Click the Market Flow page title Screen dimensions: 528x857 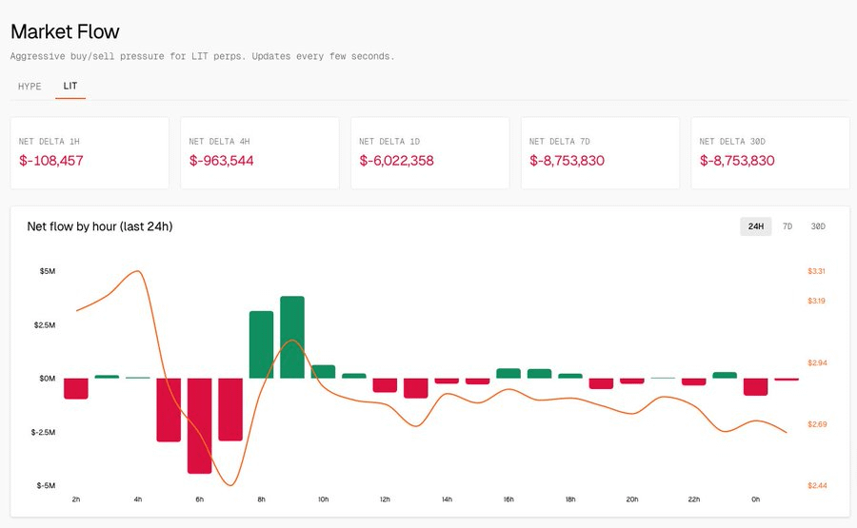[65, 32]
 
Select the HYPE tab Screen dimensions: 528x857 [30, 86]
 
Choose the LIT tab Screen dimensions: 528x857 [70, 86]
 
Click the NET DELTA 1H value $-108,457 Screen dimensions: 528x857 [51, 161]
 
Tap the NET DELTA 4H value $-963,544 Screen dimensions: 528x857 [221, 161]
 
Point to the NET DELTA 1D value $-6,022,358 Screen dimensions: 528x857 [396, 161]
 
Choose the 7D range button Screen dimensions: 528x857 [787, 226]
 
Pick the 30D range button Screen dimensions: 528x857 [818, 226]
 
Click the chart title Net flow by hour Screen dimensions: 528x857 [100, 226]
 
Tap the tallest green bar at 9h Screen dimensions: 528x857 [292, 337]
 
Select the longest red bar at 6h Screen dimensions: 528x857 [200, 425]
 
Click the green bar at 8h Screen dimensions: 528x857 [261, 344]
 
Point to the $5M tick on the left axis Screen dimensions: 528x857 [47, 271]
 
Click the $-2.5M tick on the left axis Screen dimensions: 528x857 [44, 432]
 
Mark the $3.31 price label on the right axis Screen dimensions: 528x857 [816, 271]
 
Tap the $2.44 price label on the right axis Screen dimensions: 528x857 [816, 485]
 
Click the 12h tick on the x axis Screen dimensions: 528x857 [385, 499]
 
